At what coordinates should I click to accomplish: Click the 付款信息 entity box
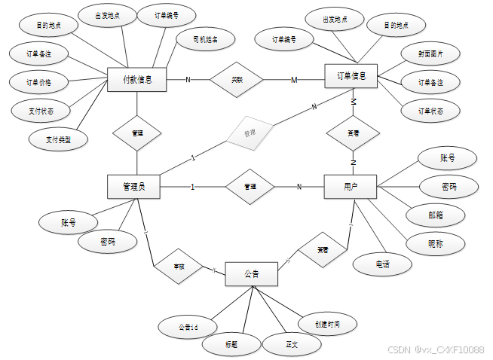tap(136, 79)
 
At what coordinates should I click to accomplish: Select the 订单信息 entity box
tap(351, 76)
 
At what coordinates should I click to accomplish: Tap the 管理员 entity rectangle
tap(136, 186)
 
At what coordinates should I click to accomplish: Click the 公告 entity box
tap(252, 273)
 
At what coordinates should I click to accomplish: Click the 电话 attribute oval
tap(382, 264)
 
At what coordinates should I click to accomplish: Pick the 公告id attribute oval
tap(188, 327)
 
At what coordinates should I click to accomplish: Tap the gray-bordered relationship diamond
tap(249, 133)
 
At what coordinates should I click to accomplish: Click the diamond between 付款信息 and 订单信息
tap(237, 79)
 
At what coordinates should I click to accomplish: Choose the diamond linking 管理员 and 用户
tap(252, 186)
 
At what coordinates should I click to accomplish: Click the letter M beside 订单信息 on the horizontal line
tap(294, 80)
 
